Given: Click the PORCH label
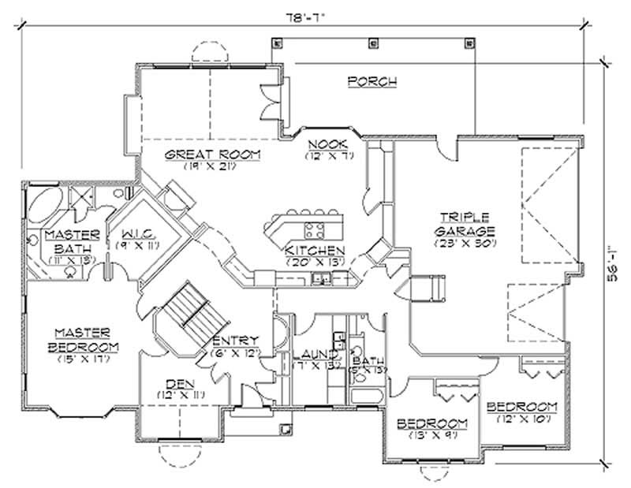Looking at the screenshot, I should (371, 81).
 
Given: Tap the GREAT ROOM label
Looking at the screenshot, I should (212, 155).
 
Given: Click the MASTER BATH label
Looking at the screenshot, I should (71, 242).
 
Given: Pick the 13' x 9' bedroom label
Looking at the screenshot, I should (432, 427).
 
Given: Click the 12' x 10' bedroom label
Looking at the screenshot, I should (521, 412).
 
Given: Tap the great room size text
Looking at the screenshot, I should (212, 166).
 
